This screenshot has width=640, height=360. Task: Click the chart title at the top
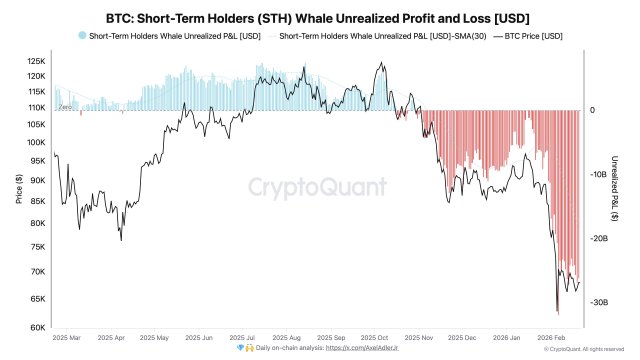click(320, 17)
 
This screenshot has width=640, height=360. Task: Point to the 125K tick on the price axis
click(37, 60)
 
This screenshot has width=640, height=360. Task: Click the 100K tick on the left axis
click(37, 142)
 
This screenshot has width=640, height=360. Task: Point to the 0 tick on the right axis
click(592, 110)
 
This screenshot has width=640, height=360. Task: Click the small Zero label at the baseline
click(65, 106)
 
